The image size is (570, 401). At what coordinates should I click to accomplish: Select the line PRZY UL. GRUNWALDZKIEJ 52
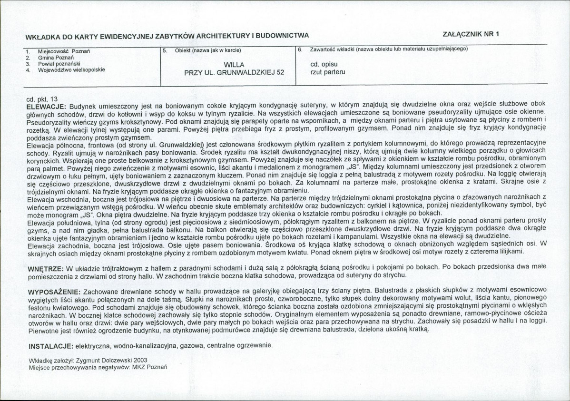click(x=234, y=73)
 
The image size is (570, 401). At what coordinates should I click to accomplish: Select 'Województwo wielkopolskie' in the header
click(x=71, y=69)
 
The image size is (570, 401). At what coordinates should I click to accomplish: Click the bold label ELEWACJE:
click(x=46, y=104)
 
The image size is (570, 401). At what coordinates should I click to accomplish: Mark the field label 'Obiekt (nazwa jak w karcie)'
click(x=208, y=50)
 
